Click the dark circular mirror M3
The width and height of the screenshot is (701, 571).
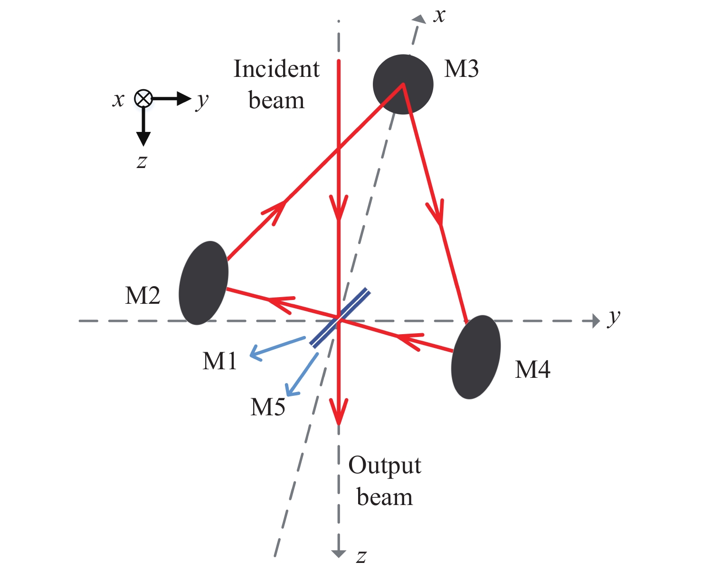coord(403,84)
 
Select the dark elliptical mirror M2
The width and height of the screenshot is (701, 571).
coord(203,283)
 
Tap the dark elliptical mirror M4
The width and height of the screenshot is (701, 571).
coord(475,357)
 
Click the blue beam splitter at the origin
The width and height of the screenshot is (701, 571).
coord(339,317)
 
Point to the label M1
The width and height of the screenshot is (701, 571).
coord(219,361)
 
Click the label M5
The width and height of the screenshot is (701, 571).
coord(268,407)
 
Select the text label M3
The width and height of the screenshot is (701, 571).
coord(461,69)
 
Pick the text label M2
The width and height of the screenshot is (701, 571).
coord(142,296)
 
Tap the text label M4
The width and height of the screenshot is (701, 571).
coord(532,369)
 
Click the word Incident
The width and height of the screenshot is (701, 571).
coord(276,69)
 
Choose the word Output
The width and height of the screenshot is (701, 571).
coord(385,466)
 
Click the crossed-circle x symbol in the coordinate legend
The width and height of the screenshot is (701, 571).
coord(143,99)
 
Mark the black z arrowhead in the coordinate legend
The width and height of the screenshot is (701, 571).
coord(143,138)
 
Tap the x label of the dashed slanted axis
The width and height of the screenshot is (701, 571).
coord(440,15)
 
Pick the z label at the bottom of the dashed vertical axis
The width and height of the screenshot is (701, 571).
coord(361,556)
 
